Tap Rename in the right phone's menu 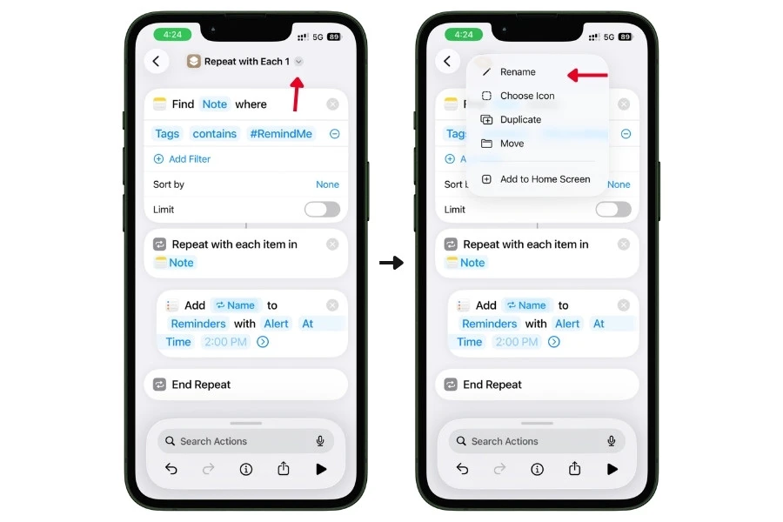pyautogui.click(x=518, y=72)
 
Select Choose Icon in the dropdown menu pyautogui.click(x=527, y=96)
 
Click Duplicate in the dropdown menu pyautogui.click(x=520, y=119)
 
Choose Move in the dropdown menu pyautogui.click(x=512, y=144)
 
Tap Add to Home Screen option pyautogui.click(x=545, y=179)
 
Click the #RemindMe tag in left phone pyautogui.click(x=280, y=133)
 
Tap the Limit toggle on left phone pyautogui.click(x=322, y=210)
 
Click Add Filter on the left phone pyautogui.click(x=189, y=159)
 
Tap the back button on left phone pyautogui.click(x=156, y=61)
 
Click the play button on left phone pyautogui.click(x=321, y=469)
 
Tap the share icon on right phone pyautogui.click(x=574, y=469)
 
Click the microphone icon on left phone pyautogui.click(x=320, y=441)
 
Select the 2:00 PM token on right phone pyautogui.click(x=517, y=342)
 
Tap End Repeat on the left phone pyautogui.click(x=201, y=385)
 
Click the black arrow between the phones pyautogui.click(x=391, y=263)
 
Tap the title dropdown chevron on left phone pyautogui.click(x=298, y=62)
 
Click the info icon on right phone pyautogui.click(x=537, y=469)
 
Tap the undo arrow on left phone pyautogui.click(x=171, y=469)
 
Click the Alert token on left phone pyautogui.click(x=276, y=324)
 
